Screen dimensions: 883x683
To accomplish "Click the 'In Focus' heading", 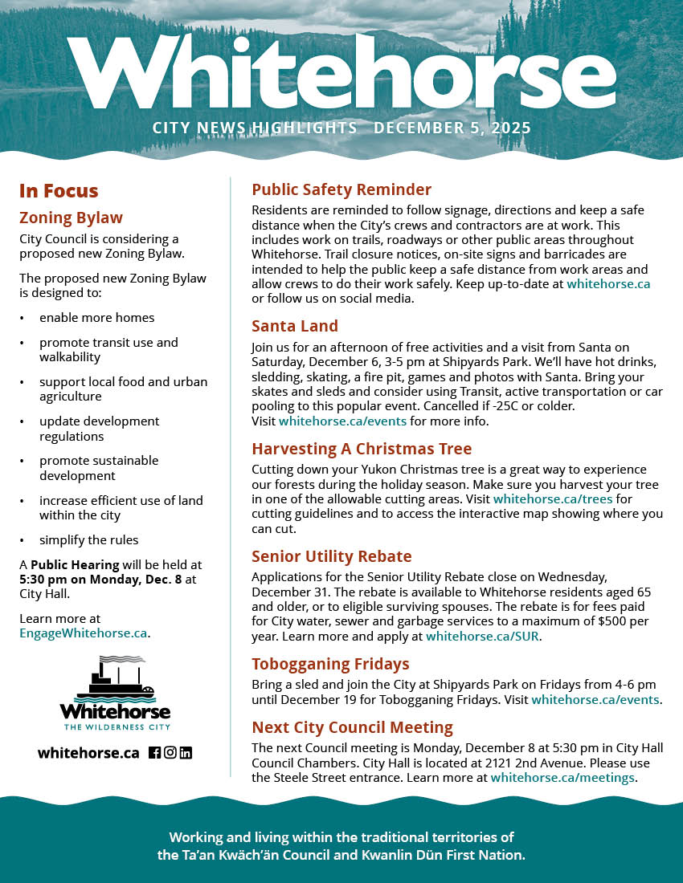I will [59, 191].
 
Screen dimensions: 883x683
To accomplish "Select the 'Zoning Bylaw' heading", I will [71, 218].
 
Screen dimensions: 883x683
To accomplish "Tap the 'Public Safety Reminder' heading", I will [341, 190].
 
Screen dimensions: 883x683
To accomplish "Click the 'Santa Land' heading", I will [295, 326].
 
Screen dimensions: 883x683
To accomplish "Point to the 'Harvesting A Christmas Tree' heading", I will [362, 449].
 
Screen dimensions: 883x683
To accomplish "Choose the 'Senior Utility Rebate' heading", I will [332, 557].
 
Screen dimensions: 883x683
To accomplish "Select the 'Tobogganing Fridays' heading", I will [330, 664].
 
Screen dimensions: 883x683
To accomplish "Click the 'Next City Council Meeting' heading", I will [352, 728].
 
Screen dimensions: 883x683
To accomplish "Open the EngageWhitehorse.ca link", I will [84, 633].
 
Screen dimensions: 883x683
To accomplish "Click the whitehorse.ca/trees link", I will [553, 498].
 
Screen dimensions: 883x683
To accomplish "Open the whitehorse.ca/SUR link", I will [483, 637].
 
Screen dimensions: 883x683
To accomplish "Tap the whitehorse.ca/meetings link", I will [562, 778].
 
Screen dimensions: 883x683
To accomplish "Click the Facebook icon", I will [155, 753].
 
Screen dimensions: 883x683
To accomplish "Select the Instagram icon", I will [170, 753].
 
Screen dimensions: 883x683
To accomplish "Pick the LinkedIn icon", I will [186, 753].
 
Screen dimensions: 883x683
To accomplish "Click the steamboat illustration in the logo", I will [115, 679].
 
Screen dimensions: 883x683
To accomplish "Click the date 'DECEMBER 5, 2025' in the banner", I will [452, 128].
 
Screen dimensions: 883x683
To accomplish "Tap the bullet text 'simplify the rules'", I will [88, 539].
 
